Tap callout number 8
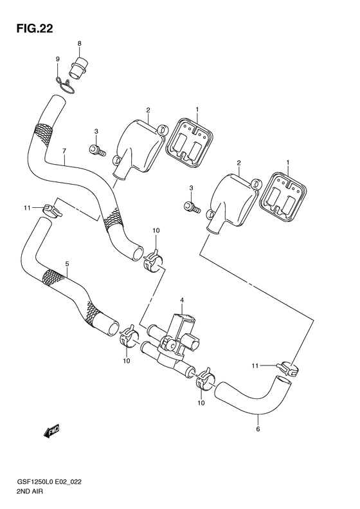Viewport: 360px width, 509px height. point(79,44)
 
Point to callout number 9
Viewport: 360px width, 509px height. point(57,59)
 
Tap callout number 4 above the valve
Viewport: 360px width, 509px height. point(183,300)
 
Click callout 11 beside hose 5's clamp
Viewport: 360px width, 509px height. point(28,208)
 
